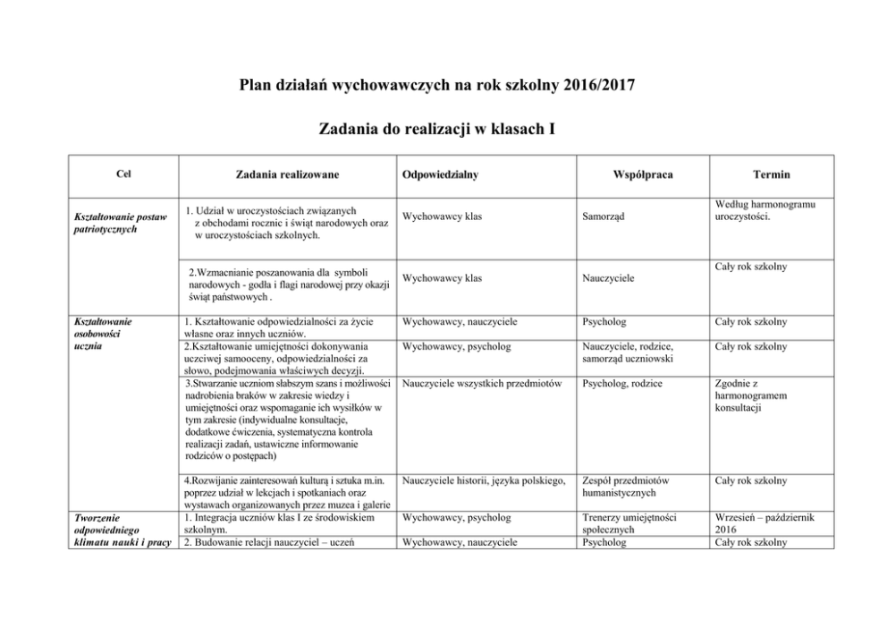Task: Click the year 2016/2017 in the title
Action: coord(601,86)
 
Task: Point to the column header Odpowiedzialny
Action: coord(441,174)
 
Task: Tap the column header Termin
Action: coord(771,174)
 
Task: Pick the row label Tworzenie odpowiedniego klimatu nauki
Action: coord(120,529)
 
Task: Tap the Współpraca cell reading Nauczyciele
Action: coord(612,278)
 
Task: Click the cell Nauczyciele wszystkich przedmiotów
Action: coord(482,384)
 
